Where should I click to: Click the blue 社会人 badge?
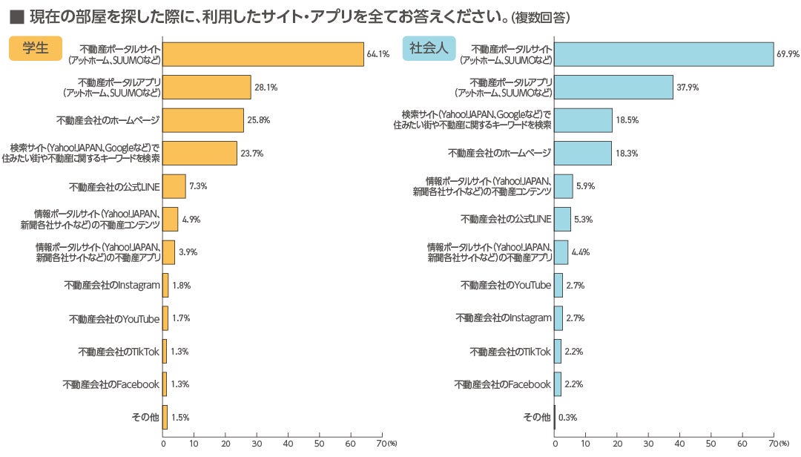pyautogui.click(x=429, y=48)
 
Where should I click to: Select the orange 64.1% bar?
pyautogui.click(x=263, y=54)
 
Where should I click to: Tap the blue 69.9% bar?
pyautogui.click(x=664, y=54)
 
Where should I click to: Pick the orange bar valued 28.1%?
pyautogui.click(x=207, y=87)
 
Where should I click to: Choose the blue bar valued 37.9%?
pyautogui.click(x=613, y=87)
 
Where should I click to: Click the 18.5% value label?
pyautogui.click(x=627, y=120)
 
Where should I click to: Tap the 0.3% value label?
pyautogui.click(x=567, y=418)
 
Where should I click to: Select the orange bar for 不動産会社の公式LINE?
pyautogui.click(x=174, y=186)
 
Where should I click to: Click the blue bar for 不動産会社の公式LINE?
pyautogui.click(x=562, y=219)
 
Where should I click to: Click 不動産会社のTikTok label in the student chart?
pyautogui.click(x=119, y=352)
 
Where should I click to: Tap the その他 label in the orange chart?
pyautogui.click(x=145, y=418)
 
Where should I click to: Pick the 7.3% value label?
pyautogui.click(x=198, y=186)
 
